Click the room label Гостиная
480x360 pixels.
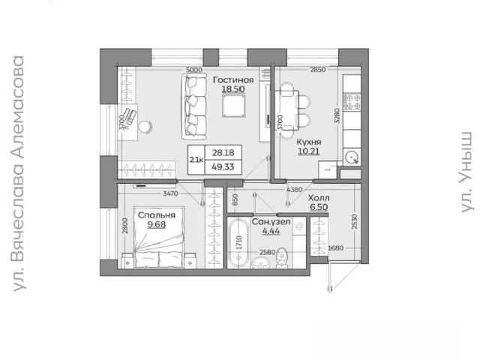(233, 80)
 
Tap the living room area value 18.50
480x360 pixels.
(233, 89)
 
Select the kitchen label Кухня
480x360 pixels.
(309, 142)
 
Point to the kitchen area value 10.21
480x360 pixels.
(309, 151)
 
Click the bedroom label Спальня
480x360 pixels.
(157, 215)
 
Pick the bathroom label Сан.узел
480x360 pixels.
(271, 222)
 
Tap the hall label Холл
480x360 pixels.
(319, 198)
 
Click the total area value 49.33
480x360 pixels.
(223, 166)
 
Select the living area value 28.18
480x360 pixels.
(223, 152)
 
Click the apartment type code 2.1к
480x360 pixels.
(196, 160)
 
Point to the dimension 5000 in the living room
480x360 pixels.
(194, 70)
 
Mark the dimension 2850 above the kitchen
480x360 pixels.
(318, 70)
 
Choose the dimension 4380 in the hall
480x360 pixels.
(295, 190)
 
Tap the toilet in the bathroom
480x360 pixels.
(281, 258)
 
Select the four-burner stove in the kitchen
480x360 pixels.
(352, 102)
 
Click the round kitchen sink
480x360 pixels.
(352, 158)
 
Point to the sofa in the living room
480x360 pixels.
(194, 106)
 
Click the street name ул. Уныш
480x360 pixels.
(466, 172)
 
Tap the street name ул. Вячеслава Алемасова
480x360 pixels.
(18, 173)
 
